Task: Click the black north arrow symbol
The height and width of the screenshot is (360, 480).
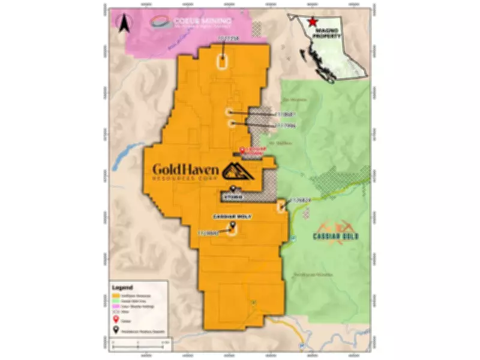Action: tap(123, 24)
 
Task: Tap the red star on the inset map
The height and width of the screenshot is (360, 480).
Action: tap(312, 22)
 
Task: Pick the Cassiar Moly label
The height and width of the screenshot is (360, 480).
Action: tap(232, 216)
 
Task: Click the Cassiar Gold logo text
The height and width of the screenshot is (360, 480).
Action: tap(335, 236)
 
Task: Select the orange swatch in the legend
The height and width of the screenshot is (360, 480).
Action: tap(116, 296)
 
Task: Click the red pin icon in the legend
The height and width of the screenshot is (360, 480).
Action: tap(116, 320)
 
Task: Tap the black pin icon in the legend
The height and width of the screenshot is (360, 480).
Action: tap(116, 328)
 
